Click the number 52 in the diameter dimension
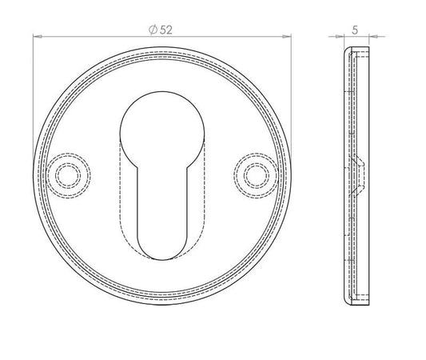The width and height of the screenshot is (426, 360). [167, 28]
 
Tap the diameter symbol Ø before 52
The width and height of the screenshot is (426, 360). [153, 28]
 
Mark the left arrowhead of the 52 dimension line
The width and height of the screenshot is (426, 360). [38, 36]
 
